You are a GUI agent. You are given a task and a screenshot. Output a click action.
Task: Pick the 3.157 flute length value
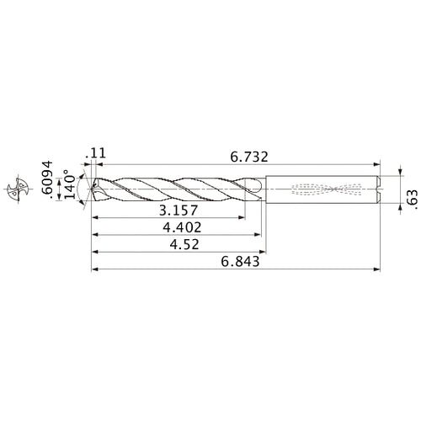tap(174, 210)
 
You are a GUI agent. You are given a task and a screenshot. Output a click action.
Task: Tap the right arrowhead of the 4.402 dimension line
tap(256, 235)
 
